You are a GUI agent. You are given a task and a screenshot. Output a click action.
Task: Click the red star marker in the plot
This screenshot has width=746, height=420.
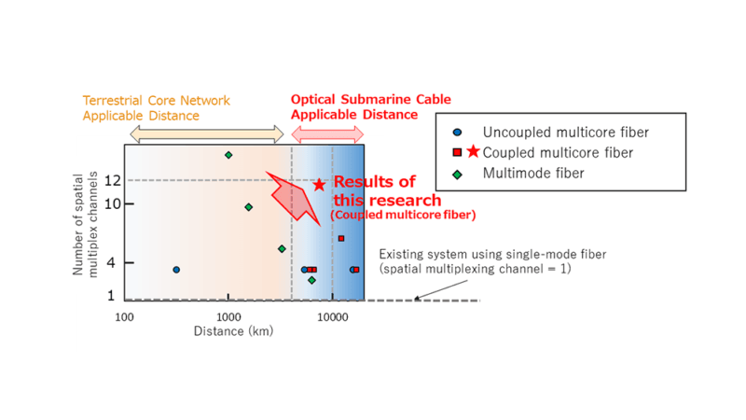(319, 185)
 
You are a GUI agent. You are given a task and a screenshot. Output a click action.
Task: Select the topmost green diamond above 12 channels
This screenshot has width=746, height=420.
(228, 155)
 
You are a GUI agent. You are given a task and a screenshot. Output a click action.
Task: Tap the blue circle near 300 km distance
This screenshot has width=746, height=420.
(176, 270)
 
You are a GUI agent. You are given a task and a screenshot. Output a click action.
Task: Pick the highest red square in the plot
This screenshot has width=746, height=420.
(341, 238)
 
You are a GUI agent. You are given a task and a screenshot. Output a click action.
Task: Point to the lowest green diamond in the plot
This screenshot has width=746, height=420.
(311, 280)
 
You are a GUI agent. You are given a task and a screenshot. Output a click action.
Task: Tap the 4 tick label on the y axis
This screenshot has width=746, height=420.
(111, 262)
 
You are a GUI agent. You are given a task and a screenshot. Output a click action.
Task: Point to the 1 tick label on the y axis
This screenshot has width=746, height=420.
(111, 296)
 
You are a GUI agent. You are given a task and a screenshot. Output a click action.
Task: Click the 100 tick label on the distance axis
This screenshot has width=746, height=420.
(125, 317)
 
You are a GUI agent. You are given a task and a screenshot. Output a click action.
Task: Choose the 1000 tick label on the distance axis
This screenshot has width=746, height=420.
(228, 317)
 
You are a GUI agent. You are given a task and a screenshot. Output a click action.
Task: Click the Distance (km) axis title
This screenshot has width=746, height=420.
(233, 331)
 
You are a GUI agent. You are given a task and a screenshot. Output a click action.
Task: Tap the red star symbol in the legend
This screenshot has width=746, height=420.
(473, 152)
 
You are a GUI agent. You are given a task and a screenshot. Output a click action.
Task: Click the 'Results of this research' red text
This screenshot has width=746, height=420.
(387, 191)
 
